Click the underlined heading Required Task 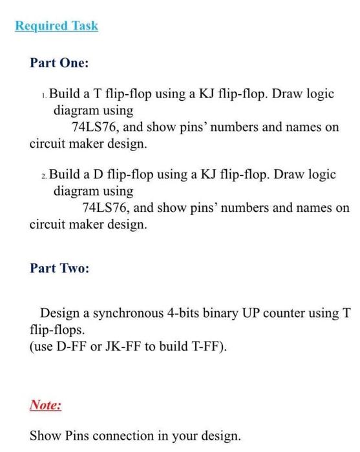click(57, 26)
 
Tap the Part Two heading click(59, 268)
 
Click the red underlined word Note click(45, 406)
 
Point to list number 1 click(43, 96)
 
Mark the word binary click(224, 314)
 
